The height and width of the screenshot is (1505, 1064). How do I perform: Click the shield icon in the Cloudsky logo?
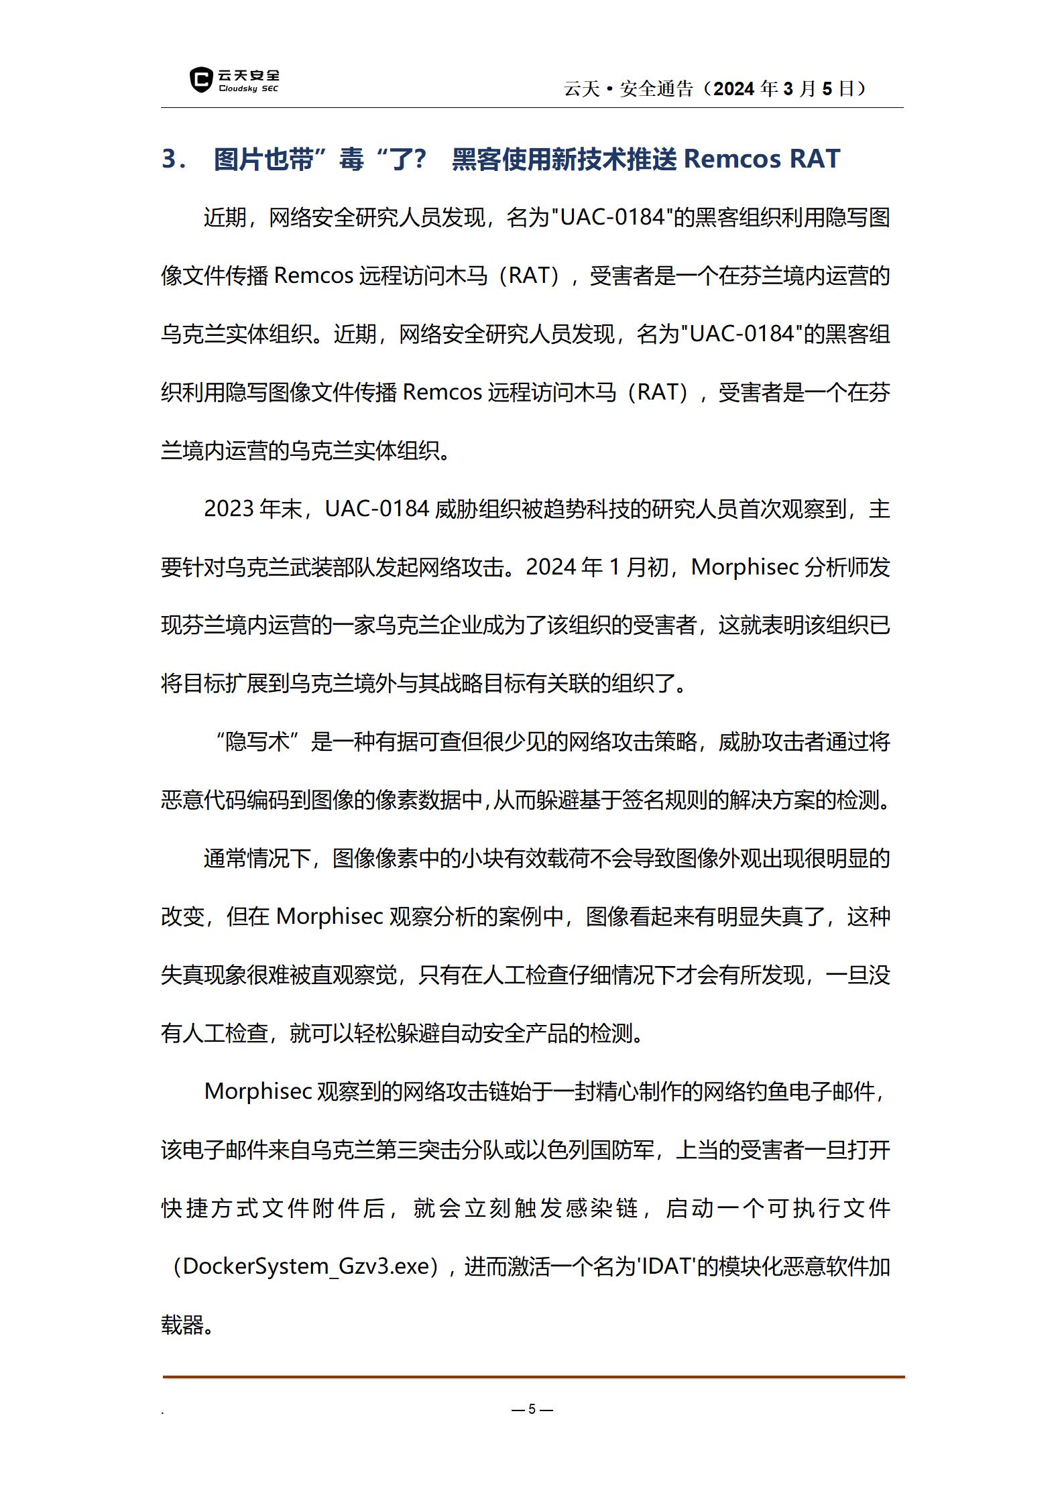pyautogui.click(x=200, y=80)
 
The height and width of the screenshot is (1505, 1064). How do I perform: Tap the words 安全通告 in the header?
pyautogui.click(x=656, y=88)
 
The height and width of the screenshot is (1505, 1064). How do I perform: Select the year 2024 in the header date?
pyautogui.click(x=735, y=88)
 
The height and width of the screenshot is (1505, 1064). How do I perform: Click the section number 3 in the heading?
pyautogui.click(x=170, y=159)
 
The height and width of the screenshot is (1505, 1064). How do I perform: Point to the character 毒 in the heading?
pyautogui.click(x=351, y=159)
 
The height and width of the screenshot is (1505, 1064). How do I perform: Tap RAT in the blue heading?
pyautogui.click(x=815, y=159)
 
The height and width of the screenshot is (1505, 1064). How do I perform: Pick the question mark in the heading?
pyautogui.click(x=418, y=159)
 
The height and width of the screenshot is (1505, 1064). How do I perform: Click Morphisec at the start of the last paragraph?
pyautogui.click(x=258, y=1092)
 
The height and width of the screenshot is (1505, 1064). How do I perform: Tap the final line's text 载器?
pyautogui.click(x=182, y=1325)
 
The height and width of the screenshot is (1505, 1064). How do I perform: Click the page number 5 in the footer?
pyautogui.click(x=532, y=1409)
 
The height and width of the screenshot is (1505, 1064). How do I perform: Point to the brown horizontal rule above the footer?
pyautogui.click(x=533, y=1378)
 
